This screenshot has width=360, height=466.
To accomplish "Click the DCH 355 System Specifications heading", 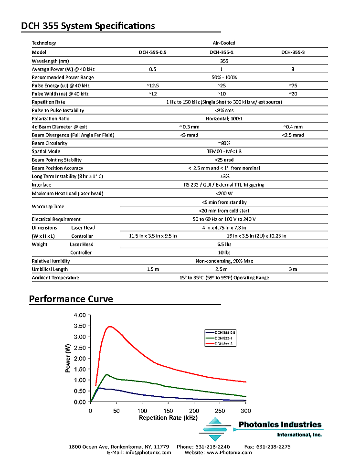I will tap(88, 26).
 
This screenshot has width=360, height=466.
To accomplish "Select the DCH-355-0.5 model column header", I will tap(153, 52).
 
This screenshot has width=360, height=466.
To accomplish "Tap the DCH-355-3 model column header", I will tap(293, 52).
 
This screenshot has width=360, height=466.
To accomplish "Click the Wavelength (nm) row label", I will tap(50, 61).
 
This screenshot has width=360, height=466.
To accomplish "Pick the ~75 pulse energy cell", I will tap(293, 85).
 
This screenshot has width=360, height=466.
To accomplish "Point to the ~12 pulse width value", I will tap(153, 94).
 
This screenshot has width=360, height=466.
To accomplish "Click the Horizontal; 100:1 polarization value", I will tap(224, 118).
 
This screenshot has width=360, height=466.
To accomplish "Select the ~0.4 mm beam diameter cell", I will tap(293, 127).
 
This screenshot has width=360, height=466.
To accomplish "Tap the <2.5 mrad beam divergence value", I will tap(293, 135).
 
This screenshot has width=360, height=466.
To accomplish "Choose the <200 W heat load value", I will tap(224, 193).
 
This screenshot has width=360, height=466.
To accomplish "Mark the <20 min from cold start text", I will tap(224, 211).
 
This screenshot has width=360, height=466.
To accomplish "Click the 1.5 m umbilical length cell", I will tap(153, 269).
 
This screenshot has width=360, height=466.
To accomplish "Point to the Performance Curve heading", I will tap(71, 299).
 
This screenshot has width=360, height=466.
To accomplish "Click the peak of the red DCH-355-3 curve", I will tap(111, 327).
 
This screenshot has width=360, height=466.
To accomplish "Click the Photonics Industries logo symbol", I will tap(216, 429).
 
